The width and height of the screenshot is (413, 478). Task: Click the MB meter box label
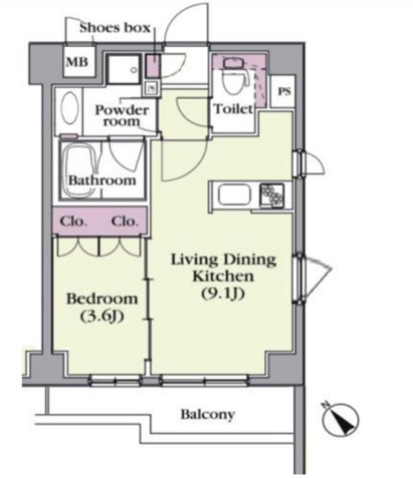(77, 62)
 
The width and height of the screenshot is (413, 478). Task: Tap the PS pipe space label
(284, 91)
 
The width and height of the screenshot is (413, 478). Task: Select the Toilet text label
(233, 109)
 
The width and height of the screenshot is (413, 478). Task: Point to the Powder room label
(122, 115)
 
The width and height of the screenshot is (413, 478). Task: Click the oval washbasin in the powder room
(69, 108)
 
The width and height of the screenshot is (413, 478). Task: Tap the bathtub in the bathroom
(80, 170)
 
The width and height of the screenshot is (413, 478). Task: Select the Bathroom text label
(102, 180)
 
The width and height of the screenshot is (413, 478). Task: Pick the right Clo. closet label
(124, 221)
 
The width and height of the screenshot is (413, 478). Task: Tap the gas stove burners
(272, 194)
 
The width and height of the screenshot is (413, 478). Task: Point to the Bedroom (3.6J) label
(102, 307)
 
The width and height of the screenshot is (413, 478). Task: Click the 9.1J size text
(223, 293)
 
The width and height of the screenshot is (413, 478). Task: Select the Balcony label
(208, 415)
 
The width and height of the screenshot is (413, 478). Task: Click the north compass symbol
(341, 419)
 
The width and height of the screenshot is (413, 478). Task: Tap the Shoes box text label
(115, 27)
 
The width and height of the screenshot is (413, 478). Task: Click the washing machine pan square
(124, 69)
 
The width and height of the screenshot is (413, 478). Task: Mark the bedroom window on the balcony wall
(116, 381)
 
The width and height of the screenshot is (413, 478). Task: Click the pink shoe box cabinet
(152, 66)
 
